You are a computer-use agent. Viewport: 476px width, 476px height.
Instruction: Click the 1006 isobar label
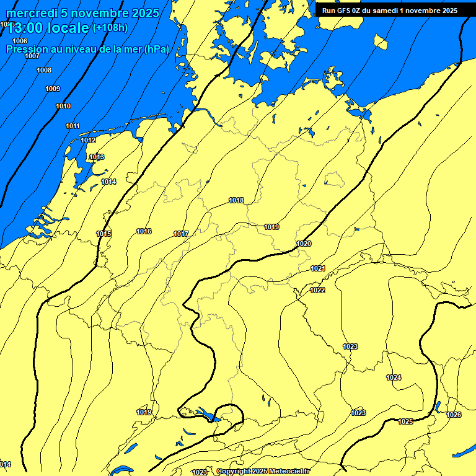point(20,41)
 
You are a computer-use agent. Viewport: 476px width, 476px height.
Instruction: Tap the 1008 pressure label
point(44,70)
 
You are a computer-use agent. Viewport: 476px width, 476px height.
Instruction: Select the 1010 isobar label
point(63,106)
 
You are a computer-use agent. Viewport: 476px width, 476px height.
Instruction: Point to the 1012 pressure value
point(88,140)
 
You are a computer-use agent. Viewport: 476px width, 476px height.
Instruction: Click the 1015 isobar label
point(104,234)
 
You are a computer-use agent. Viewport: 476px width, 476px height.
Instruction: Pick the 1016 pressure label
point(144,231)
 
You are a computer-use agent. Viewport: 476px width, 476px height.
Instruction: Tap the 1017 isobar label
point(181,234)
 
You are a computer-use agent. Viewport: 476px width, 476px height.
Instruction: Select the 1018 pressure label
point(236,200)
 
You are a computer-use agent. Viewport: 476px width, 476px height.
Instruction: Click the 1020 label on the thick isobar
point(304,244)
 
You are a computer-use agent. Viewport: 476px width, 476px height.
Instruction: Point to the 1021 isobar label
point(318,268)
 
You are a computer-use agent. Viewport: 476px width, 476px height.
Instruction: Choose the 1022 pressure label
point(318,290)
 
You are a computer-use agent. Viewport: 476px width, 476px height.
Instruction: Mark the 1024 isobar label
point(394,377)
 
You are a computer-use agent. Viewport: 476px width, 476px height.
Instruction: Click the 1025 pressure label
point(405,421)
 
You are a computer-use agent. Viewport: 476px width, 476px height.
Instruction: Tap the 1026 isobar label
point(454,415)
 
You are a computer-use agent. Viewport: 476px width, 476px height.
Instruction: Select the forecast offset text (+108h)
point(110,27)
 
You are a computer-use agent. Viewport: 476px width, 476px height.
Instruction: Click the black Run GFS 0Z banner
point(389,10)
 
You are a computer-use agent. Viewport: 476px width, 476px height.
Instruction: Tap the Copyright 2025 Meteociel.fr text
point(263,472)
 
